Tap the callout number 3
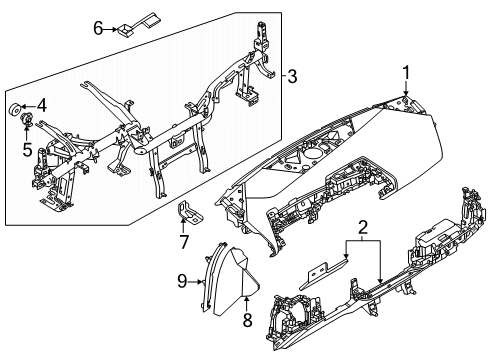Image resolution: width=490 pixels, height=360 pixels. click(291, 75)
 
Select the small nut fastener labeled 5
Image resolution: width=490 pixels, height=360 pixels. click(27, 121)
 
